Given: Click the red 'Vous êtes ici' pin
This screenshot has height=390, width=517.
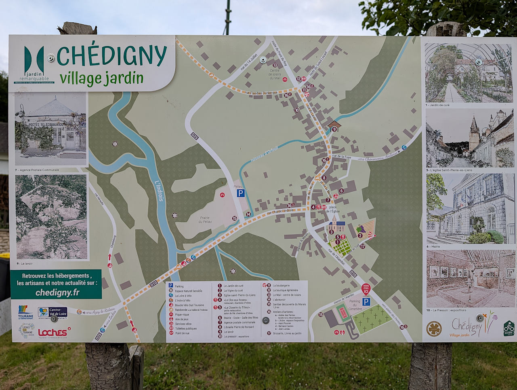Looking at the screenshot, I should coord(366,289).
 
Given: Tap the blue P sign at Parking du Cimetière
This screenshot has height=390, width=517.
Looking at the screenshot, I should coord(366,302).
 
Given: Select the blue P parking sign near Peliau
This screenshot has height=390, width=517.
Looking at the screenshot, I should coord(241,193).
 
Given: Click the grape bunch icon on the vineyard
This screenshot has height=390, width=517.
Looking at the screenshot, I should coord(361,229).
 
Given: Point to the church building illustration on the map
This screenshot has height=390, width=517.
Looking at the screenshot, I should coord(336,224).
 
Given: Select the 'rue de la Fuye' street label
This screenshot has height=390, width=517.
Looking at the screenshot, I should coord(341,157).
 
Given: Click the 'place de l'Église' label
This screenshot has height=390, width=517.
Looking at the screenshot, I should coord(333,209).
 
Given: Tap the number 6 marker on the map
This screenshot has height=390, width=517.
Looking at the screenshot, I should coord(341,191).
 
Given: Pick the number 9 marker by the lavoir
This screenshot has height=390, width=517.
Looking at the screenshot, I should coord(334,129).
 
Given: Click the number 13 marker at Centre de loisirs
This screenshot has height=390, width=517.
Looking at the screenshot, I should coord(275,65).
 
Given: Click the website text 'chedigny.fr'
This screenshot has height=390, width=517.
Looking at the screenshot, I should coord(57,292).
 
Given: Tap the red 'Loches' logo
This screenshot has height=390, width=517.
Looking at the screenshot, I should coord(53,333).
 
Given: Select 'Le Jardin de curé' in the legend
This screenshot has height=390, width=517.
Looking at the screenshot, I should coord(233,286).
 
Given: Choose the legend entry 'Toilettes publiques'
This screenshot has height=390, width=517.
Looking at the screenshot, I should coord(186,329).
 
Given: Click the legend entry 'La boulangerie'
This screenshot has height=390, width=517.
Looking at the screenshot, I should coord(281,286).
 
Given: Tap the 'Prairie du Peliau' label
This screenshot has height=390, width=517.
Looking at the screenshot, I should coord(205,220).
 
